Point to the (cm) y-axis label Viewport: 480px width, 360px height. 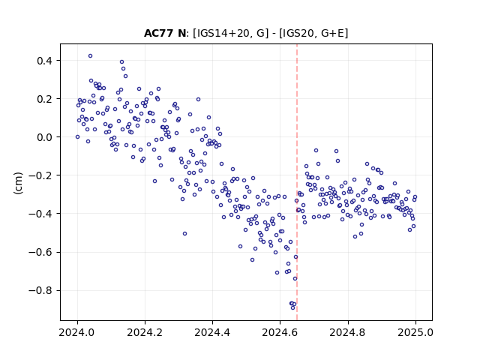pos(18,183)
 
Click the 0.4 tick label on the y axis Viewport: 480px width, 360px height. pos(44,61)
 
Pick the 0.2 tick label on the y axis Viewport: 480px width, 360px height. pos(44,99)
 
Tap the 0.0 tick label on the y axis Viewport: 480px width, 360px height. pos(44,137)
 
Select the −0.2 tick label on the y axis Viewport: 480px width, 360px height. pos(40,175)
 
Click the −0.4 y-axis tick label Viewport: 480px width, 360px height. pos(40,214)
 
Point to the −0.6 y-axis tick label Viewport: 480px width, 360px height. pos(40,252)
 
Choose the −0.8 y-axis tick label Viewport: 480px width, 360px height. pos(40,290)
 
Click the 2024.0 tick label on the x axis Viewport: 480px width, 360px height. pos(77,332)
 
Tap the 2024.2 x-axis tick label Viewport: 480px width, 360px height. pos(145,332)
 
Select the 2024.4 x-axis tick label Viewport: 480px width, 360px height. pos(212,332)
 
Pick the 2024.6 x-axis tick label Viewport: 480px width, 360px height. pos(280,332)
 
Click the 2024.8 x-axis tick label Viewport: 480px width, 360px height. pos(348,332)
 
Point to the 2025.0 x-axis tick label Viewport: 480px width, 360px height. pos(415,332)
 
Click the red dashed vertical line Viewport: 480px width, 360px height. pos(297,182)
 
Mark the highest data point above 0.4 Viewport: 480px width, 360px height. pos(90,56)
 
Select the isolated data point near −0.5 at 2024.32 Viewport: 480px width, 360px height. pos(185,233)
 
